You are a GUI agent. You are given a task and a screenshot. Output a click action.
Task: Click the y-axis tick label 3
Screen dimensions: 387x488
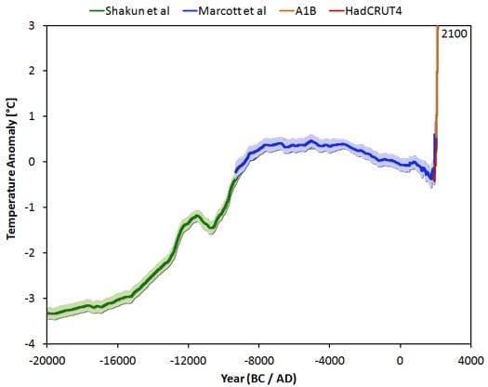point(34,25)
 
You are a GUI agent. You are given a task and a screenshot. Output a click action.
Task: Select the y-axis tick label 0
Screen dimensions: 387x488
point(34,162)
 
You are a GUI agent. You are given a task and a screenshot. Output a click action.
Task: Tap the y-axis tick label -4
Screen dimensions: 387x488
point(33,343)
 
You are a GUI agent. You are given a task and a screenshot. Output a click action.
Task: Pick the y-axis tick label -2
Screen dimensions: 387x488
point(33,253)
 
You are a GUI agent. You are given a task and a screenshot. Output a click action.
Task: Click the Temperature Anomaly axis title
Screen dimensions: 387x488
point(13,184)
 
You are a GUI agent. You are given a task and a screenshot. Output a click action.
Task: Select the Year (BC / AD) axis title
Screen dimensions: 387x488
point(259,377)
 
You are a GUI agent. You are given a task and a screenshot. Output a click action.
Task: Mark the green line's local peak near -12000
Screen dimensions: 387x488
point(195,215)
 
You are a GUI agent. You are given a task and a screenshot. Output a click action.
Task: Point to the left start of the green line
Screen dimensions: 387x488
point(47,314)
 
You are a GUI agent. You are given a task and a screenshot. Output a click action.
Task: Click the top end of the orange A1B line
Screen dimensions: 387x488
point(437,27)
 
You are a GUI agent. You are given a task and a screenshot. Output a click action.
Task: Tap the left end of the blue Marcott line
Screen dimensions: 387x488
point(235,171)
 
